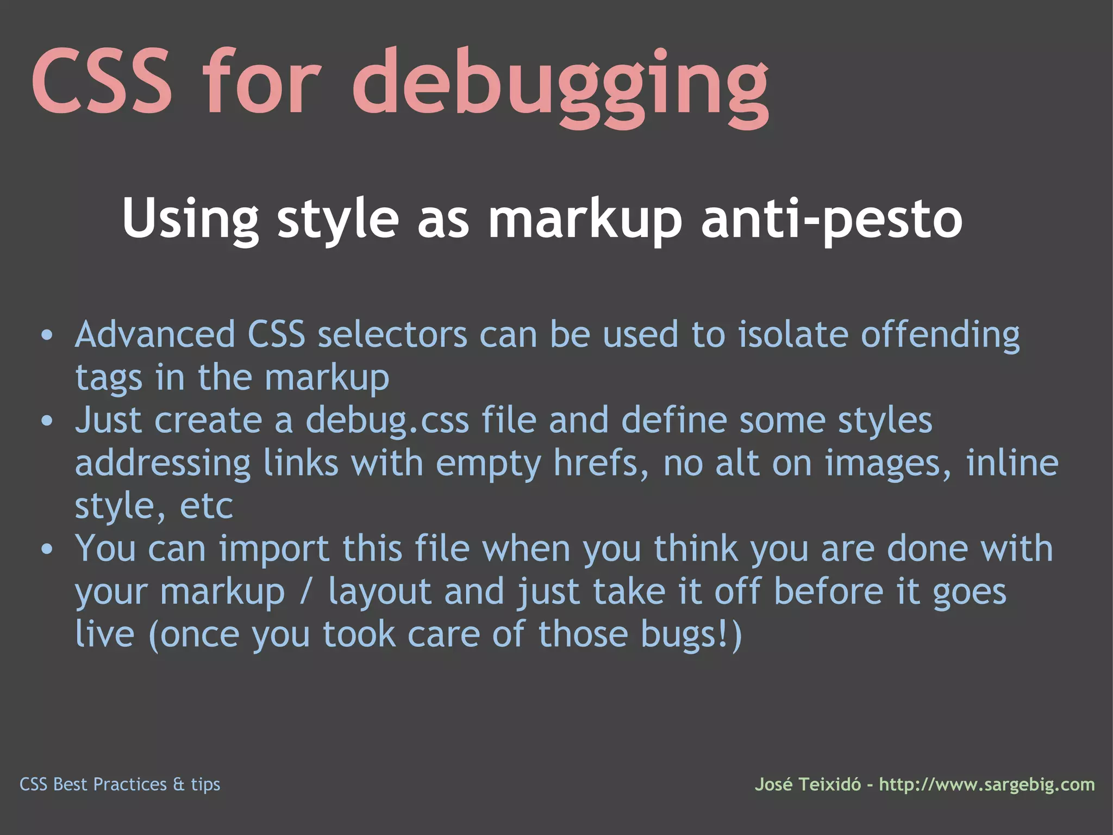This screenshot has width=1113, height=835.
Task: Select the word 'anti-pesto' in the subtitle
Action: (831, 219)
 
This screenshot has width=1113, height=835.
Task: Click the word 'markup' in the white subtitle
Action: (585, 219)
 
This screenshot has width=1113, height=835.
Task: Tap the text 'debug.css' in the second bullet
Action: (387, 421)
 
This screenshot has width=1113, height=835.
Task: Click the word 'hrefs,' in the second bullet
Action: (601, 463)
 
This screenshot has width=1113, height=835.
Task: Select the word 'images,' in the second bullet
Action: (888, 463)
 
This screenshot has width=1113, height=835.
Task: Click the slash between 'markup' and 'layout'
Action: (307, 591)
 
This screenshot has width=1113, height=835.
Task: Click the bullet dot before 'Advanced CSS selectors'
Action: (47, 335)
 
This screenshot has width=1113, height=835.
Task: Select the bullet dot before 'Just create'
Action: (47, 421)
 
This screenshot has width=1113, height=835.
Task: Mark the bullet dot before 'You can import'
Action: (47, 549)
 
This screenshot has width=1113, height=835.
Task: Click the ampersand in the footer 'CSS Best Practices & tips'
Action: (179, 784)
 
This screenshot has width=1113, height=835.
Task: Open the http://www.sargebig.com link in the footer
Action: (987, 784)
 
